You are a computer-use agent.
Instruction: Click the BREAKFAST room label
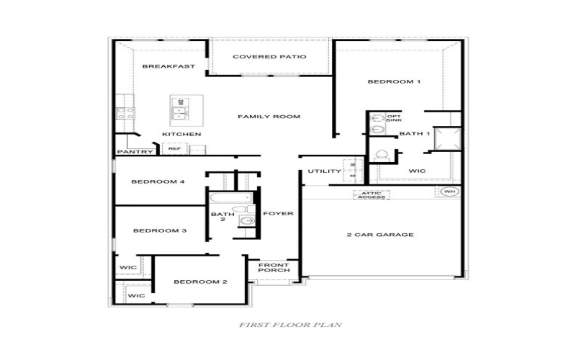tap(169, 66)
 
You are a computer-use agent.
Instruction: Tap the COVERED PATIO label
tap(270, 56)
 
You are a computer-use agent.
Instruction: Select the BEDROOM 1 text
tap(394, 82)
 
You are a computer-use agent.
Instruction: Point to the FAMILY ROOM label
tap(269, 117)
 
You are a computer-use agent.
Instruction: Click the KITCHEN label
tap(181, 135)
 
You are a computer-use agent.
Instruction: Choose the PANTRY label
tap(135, 152)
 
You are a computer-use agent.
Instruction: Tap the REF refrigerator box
tap(174, 149)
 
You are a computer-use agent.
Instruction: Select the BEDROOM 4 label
tap(158, 182)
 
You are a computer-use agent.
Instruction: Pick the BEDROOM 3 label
tap(160, 230)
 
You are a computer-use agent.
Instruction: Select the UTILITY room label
tap(324, 171)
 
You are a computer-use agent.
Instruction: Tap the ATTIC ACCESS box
tap(372, 195)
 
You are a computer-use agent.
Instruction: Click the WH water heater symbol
tap(449, 192)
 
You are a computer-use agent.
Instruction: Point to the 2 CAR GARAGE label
tap(379, 235)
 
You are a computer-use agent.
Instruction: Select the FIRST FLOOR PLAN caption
tap(290, 325)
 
